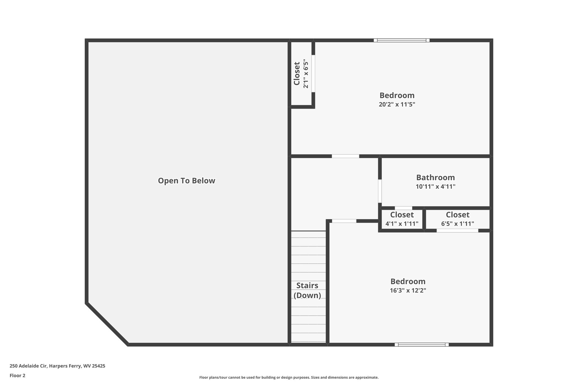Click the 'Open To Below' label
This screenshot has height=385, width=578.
click(186, 181)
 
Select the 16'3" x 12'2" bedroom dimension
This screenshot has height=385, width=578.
click(408, 291)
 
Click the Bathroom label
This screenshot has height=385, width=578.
click(435, 177)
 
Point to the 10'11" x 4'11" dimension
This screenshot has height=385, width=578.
click(435, 187)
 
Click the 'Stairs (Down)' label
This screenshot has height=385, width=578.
click(307, 291)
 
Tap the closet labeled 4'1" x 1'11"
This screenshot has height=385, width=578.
click(402, 219)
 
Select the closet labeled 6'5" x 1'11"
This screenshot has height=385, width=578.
click(457, 219)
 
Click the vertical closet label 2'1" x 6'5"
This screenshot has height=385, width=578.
click(301, 74)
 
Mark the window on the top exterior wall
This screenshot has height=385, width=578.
click(402, 40)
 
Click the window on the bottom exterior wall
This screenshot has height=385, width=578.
click(422, 344)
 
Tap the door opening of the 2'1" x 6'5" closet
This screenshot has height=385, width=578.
click(313, 74)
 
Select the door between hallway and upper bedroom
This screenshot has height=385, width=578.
click(345, 156)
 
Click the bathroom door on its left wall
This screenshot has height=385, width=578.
click(380, 191)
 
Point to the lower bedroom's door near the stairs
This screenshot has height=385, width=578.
click(344, 221)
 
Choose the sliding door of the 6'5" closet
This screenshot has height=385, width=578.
click(457, 231)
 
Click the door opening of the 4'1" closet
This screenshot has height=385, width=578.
click(403, 208)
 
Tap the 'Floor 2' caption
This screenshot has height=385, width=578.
click(17, 375)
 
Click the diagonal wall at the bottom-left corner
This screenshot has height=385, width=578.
click(107, 324)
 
